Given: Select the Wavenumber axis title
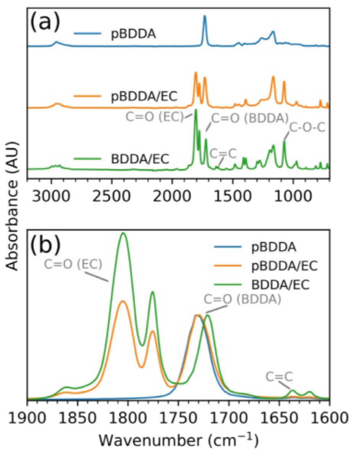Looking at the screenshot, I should click(x=178, y=440).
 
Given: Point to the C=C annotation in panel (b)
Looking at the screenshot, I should click(x=280, y=377).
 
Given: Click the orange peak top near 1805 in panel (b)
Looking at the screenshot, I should click(x=123, y=301).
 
